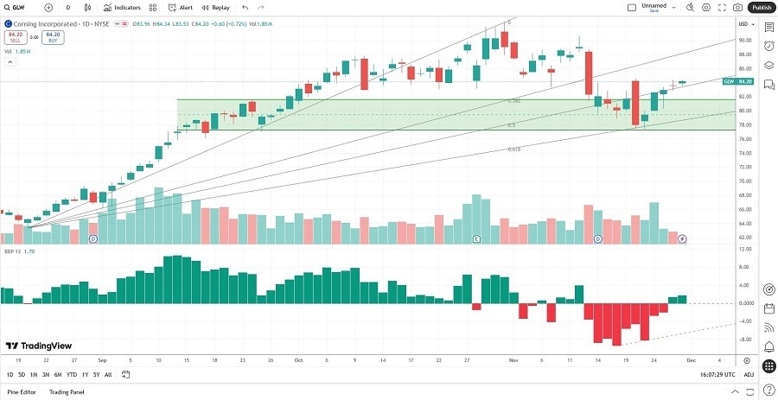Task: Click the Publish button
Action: (x=761, y=7)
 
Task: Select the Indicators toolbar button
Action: (x=123, y=7)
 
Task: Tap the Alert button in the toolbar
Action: (x=181, y=7)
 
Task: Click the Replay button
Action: (x=216, y=7)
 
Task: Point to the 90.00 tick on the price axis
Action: (x=743, y=39)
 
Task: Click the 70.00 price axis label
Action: (x=743, y=181)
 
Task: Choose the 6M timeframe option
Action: (x=58, y=374)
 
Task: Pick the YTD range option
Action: (x=72, y=374)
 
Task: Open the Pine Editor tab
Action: (x=22, y=392)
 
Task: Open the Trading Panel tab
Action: (x=67, y=392)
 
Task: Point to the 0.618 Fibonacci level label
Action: (x=513, y=149)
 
